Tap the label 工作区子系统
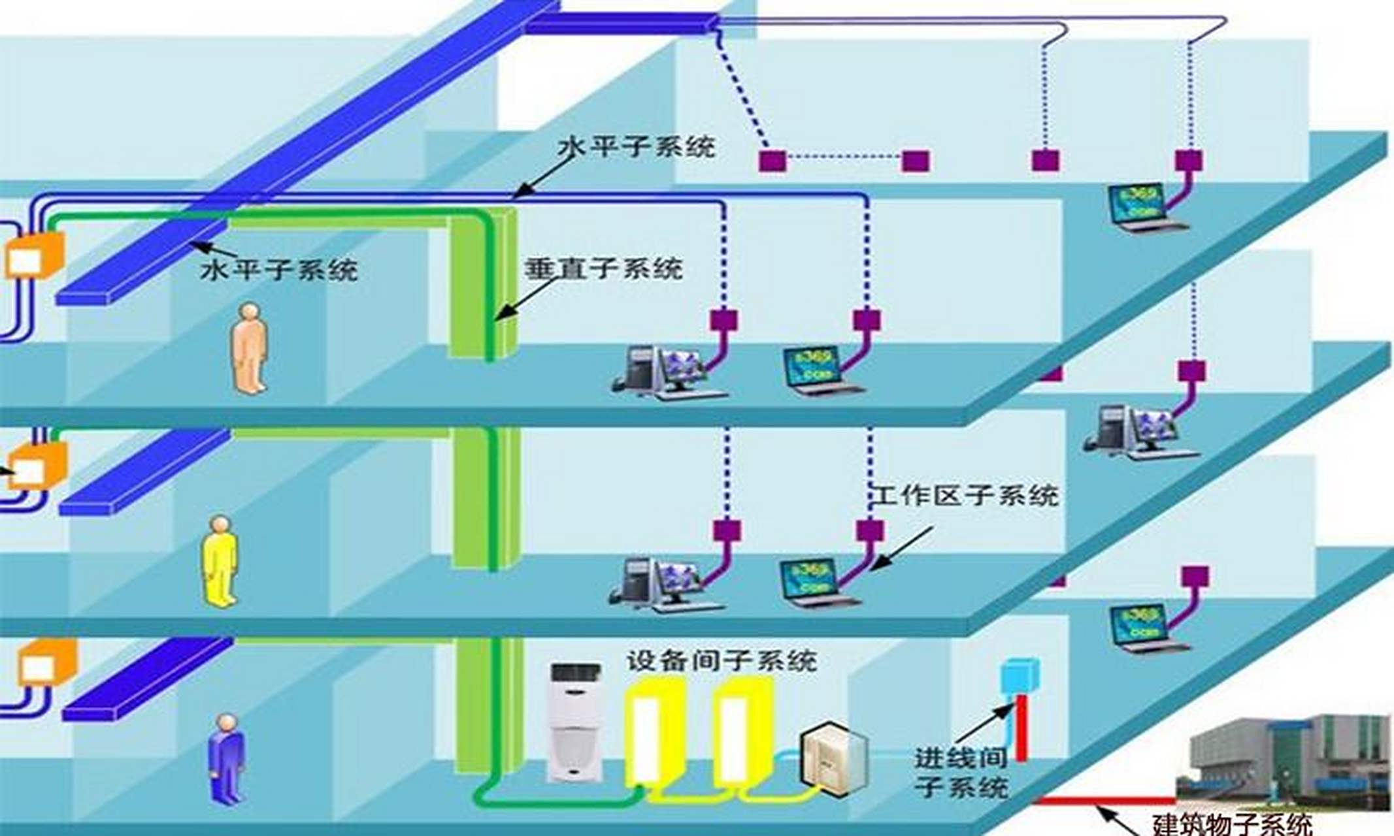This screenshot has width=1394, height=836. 966,496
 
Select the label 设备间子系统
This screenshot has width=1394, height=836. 722,661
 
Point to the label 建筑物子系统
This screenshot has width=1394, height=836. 1233,824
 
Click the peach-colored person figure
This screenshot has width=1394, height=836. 250,347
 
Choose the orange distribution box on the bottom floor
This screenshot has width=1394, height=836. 46,662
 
